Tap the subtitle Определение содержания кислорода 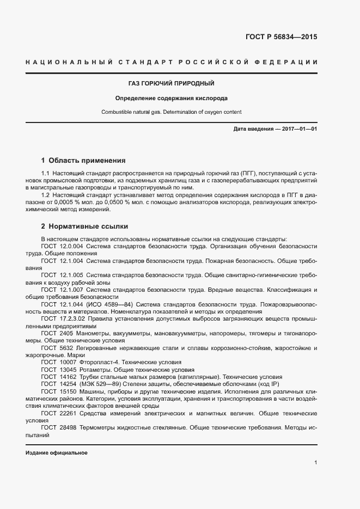[x=170, y=99]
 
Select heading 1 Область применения [x=83, y=161]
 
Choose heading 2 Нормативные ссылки [x=84, y=226]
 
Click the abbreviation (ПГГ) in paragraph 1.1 [x=236, y=173]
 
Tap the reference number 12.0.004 [x=71, y=246]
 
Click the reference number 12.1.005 [x=71, y=276]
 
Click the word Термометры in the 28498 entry [x=97, y=428]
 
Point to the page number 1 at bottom [x=316, y=463]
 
